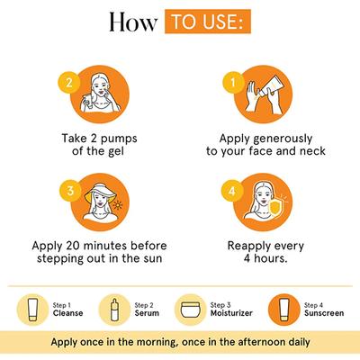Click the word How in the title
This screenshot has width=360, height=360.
pos(133,22)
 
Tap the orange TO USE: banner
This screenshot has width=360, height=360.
pos(208,22)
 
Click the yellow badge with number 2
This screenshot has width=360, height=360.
pos(69,82)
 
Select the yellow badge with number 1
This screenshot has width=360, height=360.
pos(233,82)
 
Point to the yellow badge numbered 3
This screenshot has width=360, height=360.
pos(70,191)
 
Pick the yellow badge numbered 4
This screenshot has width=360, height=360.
pos(232,191)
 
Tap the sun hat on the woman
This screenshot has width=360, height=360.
pos(100,192)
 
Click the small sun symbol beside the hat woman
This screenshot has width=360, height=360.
pos(118,205)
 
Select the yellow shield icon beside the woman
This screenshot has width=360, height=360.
pos(275,210)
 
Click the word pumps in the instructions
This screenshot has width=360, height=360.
pos(119,139)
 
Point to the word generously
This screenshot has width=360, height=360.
pos(283,139)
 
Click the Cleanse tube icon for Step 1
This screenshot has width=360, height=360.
pos(32,310)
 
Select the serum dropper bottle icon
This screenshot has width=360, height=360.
pos(114,310)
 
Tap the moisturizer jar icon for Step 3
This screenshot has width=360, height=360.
pos(190,310)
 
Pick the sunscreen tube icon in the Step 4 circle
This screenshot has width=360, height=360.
pos(283,310)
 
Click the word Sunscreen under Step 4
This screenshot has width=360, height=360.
pos(324,313)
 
